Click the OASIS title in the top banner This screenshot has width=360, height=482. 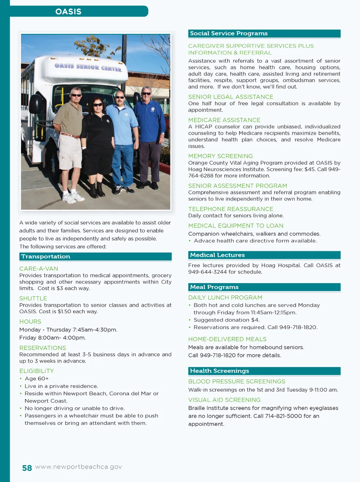pyautogui.click(x=68, y=12)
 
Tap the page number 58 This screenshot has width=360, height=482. pyautogui.click(x=27, y=468)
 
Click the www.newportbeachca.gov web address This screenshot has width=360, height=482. pyautogui.click(x=79, y=467)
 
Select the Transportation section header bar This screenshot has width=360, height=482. pyautogui.click(x=95, y=256)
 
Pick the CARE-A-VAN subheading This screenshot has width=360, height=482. pyautogui.click(x=39, y=269)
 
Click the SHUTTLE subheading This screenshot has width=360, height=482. pyautogui.click(x=33, y=298)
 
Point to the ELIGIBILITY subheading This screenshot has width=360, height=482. pyautogui.click(x=37, y=371)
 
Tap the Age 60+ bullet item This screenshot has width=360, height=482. pyautogui.click(x=37, y=379)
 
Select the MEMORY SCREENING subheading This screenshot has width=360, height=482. pyautogui.click(x=220, y=156)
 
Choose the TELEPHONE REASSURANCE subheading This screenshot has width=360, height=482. pyautogui.click(x=231, y=209)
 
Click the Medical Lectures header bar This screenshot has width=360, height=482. pyautogui.click(x=264, y=255)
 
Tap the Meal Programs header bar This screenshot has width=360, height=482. pyautogui.click(x=264, y=287)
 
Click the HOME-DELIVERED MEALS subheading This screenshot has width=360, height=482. pyautogui.click(x=227, y=339)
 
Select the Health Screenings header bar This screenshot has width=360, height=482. pyautogui.click(x=264, y=371)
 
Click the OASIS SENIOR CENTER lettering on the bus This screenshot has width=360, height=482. pyautogui.click(x=88, y=67)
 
